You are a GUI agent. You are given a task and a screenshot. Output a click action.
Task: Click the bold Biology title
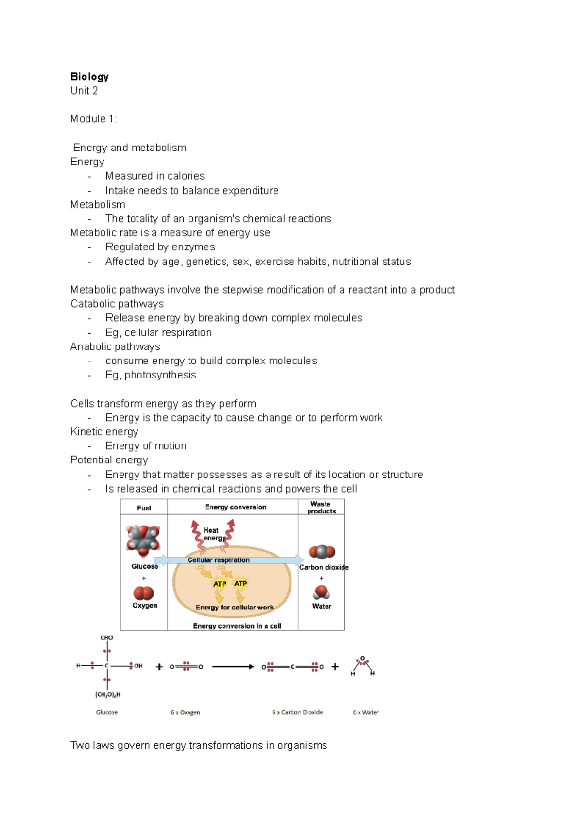[89, 77]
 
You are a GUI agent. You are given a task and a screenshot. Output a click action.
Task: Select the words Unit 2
[84, 91]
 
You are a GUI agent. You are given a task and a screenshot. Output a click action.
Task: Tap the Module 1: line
[93, 119]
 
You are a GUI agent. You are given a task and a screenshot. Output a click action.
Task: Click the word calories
[186, 176]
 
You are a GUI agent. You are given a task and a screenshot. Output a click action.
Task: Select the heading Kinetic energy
[104, 432]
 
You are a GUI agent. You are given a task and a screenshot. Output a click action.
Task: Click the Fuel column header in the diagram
[144, 508]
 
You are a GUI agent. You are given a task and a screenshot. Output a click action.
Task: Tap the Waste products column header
[321, 508]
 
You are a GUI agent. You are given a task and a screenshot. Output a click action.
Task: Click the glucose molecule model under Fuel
[143, 540]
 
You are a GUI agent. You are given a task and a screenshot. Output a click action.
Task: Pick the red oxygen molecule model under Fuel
[144, 593]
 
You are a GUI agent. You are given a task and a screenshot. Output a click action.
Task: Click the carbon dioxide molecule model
[322, 552]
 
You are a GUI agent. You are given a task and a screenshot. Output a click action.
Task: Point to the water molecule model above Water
[322, 592]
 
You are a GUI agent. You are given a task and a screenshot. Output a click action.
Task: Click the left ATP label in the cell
[220, 584]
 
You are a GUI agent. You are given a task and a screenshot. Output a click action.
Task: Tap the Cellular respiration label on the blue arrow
[219, 560]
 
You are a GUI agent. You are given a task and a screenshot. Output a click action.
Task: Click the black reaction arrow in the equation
[233, 667]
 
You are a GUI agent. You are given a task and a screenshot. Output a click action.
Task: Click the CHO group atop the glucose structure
[106, 638]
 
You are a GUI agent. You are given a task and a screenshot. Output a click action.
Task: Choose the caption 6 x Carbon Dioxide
[297, 712]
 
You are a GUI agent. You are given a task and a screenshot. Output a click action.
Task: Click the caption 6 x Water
[366, 712]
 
